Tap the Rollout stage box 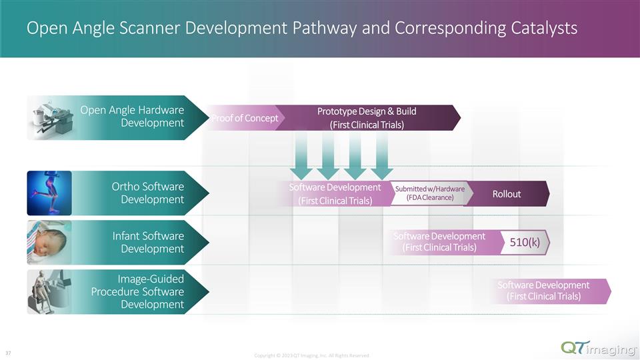point(506,194)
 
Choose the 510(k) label point(525,243)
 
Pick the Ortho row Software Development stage point(334,194)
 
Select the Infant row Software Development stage point(439,242)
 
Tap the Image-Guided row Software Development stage point(543,291)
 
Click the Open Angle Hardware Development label point(132,116)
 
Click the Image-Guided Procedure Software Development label point(137,291)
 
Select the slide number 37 point(8,351)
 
